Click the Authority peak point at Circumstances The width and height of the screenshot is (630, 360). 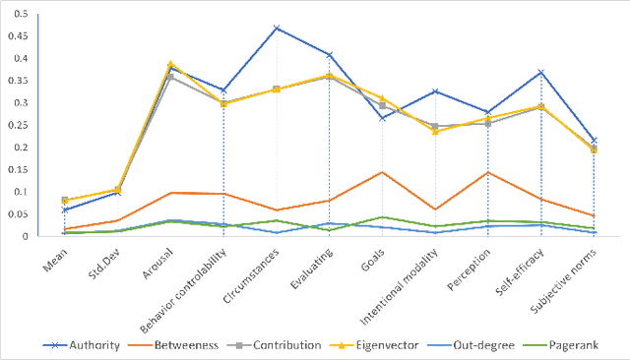(x=277, y=28)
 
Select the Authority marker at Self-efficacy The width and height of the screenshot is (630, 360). (x=541, y=72)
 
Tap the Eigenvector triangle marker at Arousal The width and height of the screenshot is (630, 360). (x=170, y=64)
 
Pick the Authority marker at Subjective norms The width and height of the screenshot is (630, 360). (x=594, y=141)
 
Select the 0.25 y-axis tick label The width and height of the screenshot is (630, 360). (x=18, y=125)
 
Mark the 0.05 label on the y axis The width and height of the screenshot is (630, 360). (x=18, y=214)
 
